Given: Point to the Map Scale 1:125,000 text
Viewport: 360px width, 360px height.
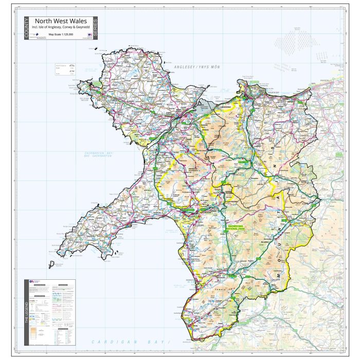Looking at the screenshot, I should click(61, 35).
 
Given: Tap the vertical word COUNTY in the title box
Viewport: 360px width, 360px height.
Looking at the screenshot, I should click(26, 29).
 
